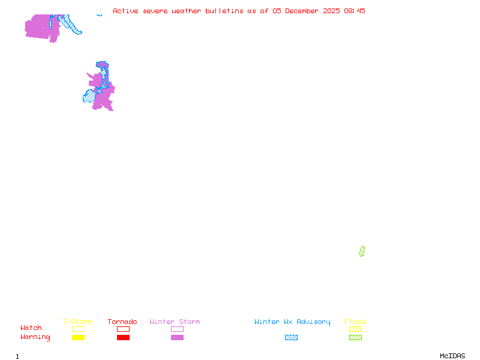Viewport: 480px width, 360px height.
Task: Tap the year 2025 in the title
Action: [x=331, y=11]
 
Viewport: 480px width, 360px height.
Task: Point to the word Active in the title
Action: [x=126, y=11]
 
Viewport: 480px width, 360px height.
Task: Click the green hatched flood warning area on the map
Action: [x=362, y=251]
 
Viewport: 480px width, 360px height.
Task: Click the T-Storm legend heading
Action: [x=77, y=322]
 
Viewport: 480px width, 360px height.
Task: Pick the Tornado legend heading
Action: [x=122, y=322]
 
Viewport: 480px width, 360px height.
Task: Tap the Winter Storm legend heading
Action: [x=175, y=322]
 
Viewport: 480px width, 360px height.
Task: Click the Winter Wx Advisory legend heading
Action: [x=292, y=322]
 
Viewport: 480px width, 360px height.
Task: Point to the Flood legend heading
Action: [x=355, y=322]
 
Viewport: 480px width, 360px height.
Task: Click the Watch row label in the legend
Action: [x=31, y=328]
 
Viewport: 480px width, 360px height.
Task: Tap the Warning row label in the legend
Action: [x=35, y=337]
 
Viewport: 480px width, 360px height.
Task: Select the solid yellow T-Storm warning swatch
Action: [x=78, y=338]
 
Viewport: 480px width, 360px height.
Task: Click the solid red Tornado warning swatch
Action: [x=123, y=338]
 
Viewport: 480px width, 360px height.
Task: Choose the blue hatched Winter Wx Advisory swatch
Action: [x=291, y=338]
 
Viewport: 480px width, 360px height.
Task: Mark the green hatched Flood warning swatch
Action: [x=355, y=338]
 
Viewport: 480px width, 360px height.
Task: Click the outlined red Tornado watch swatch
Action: [x=123, y=329]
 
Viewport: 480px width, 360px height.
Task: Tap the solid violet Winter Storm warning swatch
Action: [x=177, y=338]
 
